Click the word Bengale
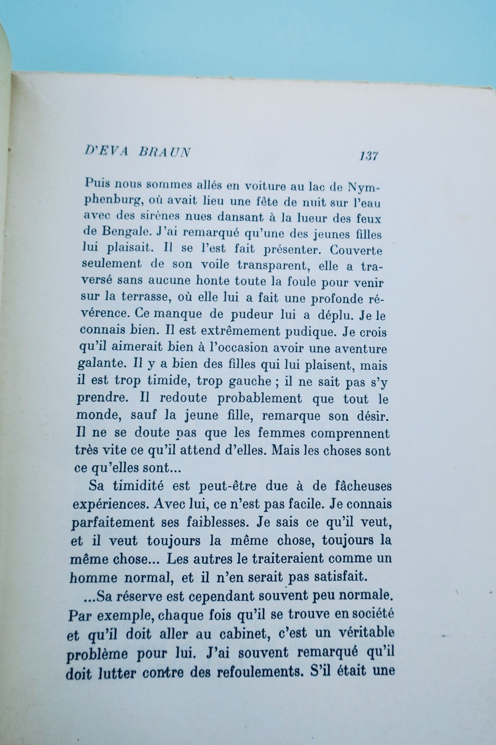[121, 231]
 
